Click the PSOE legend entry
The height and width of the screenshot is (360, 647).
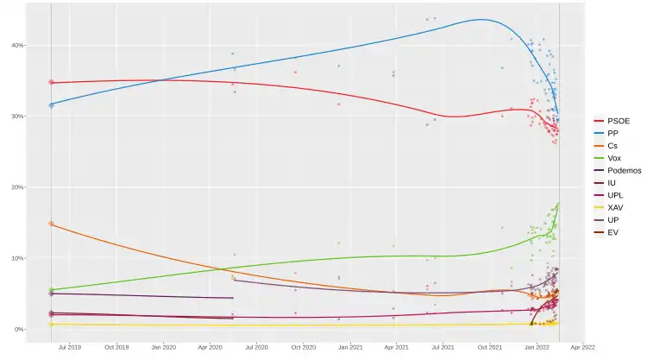coord(618,121)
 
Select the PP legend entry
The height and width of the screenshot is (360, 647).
coord(612,134)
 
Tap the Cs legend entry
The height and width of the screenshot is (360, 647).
coord(612,146)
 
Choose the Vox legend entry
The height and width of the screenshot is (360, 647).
coord(613,158)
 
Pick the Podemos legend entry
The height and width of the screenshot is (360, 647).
coord(622,171)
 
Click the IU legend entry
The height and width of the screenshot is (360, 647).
coord(611,183)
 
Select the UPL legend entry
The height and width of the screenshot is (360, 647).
coord(614,196)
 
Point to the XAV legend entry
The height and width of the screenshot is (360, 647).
coord(614,208)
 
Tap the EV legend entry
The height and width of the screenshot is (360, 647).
coord(612,233)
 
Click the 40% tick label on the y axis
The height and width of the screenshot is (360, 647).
coord(18,45)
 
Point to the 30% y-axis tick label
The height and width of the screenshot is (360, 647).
coord(18,117)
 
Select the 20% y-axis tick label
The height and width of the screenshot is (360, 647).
coord(18,187)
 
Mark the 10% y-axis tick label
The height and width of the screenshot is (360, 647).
coord(18,258)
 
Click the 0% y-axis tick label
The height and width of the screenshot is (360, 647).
coord(20,329)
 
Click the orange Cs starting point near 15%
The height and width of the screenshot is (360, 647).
coord(51,224)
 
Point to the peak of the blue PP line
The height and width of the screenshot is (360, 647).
coord(481,20)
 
